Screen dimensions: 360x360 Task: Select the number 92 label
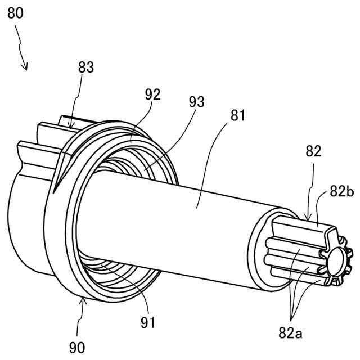coord(152,94)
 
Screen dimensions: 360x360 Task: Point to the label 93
coord(197,102)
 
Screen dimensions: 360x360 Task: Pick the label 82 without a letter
coord(312,151)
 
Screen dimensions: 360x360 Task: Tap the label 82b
coord(341,192)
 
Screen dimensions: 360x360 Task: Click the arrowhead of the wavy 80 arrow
coord(25,69)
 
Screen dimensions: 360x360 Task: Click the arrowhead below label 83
coord(71,127)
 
